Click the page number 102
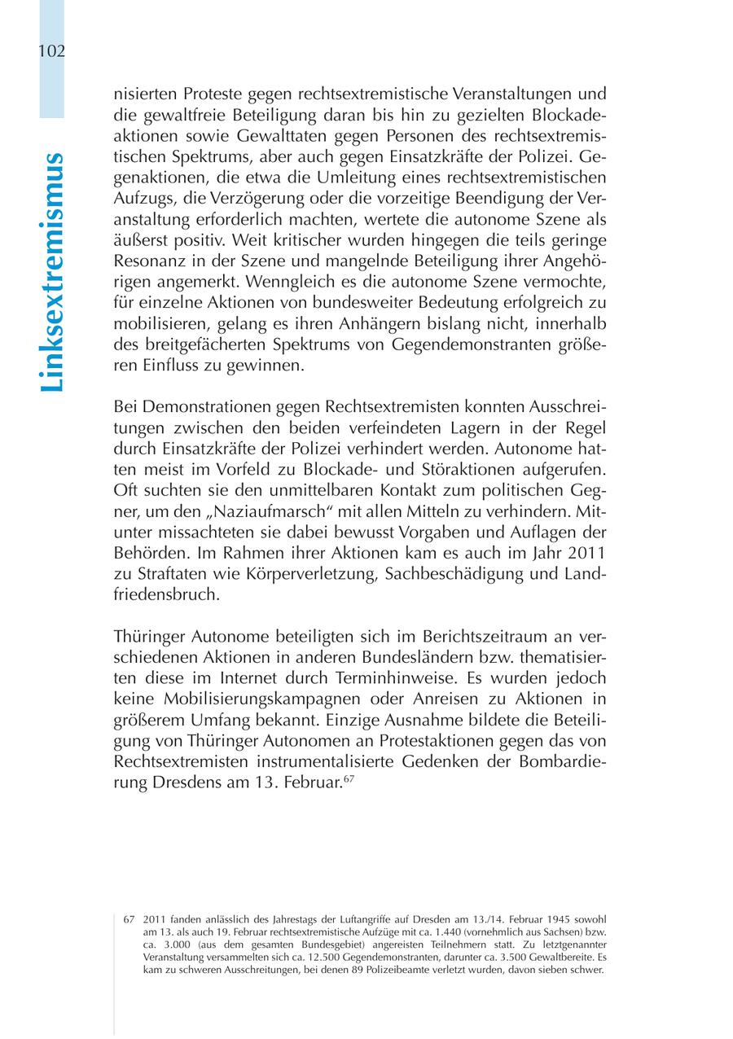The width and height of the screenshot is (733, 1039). pos(51,50)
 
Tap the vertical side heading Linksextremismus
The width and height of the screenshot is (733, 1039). pos(51,271)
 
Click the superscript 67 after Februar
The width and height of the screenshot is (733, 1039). pos(348,779)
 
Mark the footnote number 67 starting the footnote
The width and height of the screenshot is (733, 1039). pos(129,918)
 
